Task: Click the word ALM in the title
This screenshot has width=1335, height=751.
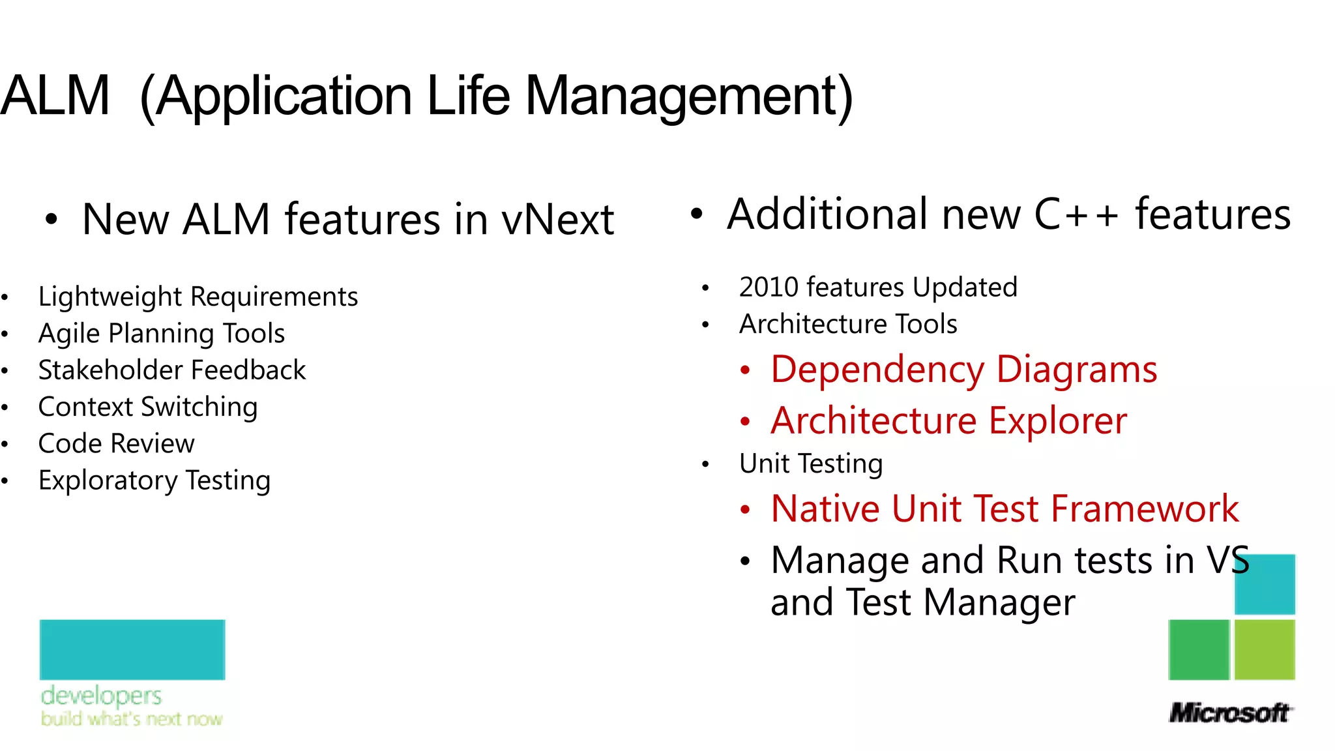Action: [55, 96]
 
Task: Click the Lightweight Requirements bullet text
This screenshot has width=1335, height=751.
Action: [198, 297]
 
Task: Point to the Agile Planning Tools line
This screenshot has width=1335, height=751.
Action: [161, 333]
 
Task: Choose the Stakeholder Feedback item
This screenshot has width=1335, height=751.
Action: [171, 370]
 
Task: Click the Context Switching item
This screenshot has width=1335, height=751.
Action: [148, 407]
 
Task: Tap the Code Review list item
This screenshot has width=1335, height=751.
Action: [116, 444]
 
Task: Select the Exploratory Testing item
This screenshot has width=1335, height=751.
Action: [154, 480]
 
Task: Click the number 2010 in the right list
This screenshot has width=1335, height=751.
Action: [769, 287]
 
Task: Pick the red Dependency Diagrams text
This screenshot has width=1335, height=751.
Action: [963, 370]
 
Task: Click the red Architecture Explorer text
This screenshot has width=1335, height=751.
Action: [948, 420]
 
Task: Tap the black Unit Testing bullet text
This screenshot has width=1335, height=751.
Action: [811, 464]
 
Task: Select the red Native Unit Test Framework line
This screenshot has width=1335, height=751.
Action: [1005, 508]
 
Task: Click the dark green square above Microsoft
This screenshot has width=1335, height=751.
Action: [1198, 649]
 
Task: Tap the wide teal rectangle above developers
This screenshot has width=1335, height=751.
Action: [132, 649]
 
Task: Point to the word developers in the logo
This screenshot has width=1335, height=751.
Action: [101, 696]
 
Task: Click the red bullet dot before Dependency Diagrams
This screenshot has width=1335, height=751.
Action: [746, 371]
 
